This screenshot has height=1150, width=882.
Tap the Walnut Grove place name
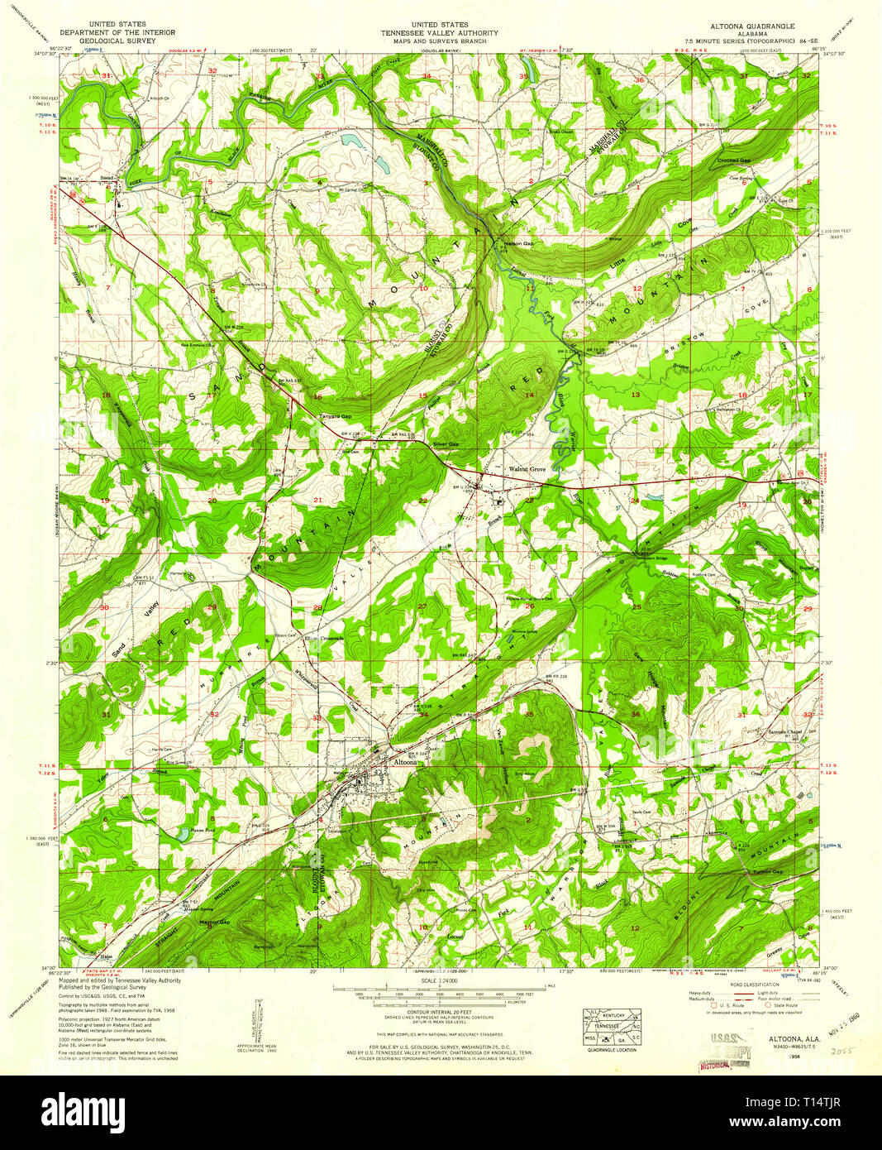coord(527,469)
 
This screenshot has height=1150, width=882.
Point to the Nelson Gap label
coord(518,244)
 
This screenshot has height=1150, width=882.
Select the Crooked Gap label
coord(733,161)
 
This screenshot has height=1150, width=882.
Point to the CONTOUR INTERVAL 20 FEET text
coord(433,1012)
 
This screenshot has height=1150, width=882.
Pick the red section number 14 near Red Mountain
coord(529,395)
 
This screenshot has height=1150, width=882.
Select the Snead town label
coord(107,177)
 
